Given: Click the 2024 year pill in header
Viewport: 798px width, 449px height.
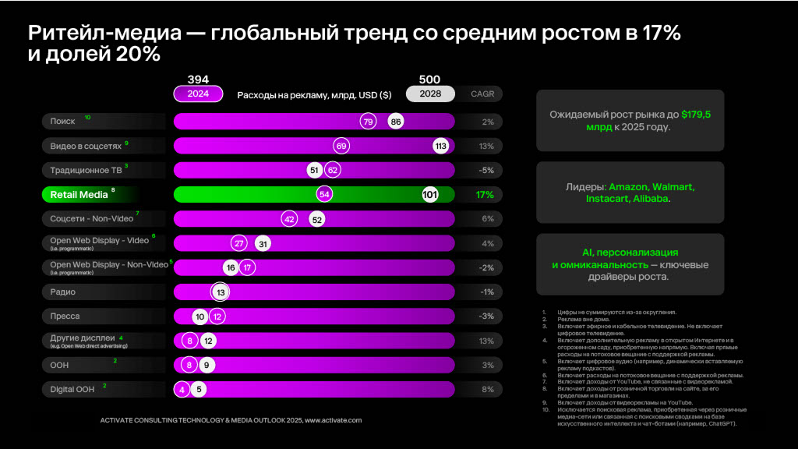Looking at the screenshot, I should coord(198,94).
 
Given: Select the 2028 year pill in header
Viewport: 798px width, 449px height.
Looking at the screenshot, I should coord(429,94).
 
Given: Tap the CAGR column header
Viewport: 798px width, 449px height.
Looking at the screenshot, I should coord(482,94).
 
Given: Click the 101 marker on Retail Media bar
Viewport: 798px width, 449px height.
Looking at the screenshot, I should coord(429,194).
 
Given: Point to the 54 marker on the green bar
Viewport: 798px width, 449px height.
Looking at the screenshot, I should coord(324,194).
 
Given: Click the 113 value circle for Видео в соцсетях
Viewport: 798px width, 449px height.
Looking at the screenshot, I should coord(440,146).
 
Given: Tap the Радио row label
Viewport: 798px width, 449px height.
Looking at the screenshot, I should coord(63,292).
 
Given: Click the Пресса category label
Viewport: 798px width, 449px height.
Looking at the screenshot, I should coord(65,316).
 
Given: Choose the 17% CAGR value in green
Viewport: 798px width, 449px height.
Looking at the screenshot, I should coord(485,194).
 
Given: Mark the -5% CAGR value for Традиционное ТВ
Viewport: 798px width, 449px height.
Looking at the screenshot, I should coord(486,170).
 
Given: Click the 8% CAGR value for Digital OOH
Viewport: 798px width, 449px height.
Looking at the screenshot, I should coord(488,388).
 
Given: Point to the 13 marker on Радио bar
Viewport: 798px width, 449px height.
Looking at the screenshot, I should coord(221,292).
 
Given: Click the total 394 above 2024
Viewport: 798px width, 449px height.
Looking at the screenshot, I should coord(198,80).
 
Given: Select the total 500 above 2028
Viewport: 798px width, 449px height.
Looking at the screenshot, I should coord(429,80).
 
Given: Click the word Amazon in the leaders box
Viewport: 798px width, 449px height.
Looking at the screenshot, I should coord(630,188).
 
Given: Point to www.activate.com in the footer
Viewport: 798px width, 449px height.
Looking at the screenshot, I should coord(333,420).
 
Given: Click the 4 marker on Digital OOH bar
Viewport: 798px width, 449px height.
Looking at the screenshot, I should coord(182,388).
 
